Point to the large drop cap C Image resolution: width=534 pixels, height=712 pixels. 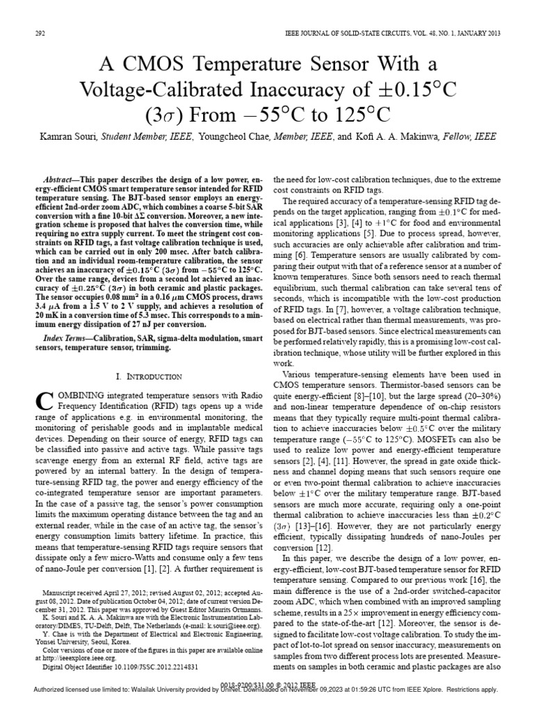click(43, 400)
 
